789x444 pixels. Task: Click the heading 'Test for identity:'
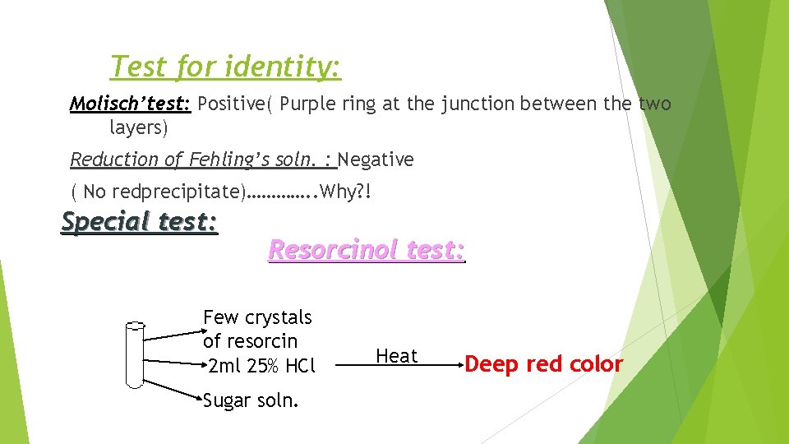click(x=225, y=66)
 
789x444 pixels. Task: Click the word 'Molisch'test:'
click(x=130, y=104)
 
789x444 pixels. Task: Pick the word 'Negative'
click(x=376, y=160)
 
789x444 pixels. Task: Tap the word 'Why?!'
click(x=345, y=192)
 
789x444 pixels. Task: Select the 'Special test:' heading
click(x=140, y=222)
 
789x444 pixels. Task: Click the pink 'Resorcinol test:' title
click(x=367, y=250)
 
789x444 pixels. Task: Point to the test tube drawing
click(x=134, y=354)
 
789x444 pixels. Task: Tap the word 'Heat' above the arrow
click(x=396, y=356)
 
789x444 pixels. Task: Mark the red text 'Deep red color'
click(x=543, y=364)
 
